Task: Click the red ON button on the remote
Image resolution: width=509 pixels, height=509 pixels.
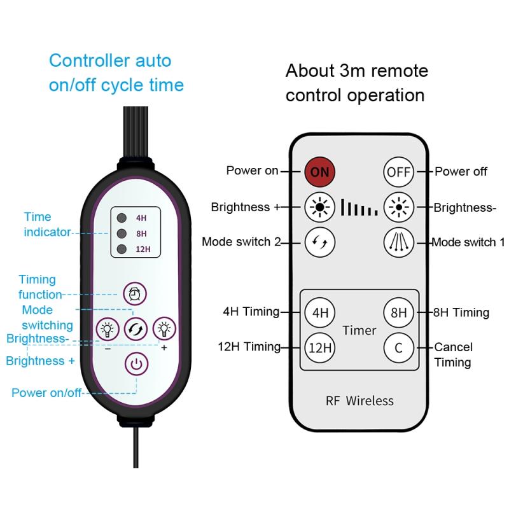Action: tap(319, 171)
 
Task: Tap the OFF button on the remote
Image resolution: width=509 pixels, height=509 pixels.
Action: tap(398, 171)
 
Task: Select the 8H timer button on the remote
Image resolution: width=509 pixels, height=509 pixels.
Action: tap(398, 312)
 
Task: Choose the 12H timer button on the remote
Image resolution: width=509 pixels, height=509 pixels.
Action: tap(319, 347)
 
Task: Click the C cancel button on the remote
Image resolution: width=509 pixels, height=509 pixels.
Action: tap(398, 347)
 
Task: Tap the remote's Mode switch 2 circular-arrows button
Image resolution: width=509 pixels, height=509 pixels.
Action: tap(319, 242)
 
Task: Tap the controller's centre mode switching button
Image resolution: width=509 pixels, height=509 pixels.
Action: tap(136, 329)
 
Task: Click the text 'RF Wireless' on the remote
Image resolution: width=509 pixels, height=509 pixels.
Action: tap(359, 401)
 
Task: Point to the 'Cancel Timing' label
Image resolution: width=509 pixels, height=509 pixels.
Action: tap(453, 354)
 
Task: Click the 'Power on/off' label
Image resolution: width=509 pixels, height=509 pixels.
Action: tap(46, 393)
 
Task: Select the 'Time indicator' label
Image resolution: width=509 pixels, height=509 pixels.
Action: tap(47, 225)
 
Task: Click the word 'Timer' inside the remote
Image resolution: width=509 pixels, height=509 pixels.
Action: tap(359, 330)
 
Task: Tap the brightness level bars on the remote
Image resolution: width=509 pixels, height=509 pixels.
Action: tap(359, 207)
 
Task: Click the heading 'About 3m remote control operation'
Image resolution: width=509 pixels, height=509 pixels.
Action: tap(356, 83)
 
